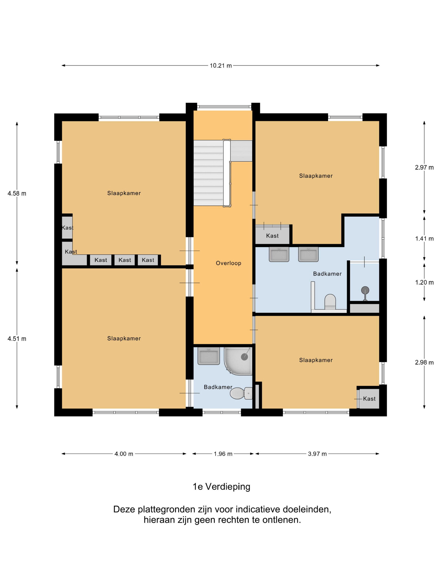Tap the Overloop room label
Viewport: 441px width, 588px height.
[228, 263]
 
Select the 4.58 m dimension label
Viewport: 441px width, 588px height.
[17, 194]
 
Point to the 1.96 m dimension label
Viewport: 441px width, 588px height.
[223, 454]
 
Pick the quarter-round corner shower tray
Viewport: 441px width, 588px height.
[238, 361]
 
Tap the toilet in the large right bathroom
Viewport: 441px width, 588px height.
[330, 302]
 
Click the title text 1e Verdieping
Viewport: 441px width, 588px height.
[221, 487]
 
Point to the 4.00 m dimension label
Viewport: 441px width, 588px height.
[124, 454]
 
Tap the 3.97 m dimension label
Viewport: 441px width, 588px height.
[317, 454]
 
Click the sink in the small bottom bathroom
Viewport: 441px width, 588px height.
[209, 356]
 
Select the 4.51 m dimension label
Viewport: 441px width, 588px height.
[17, 339]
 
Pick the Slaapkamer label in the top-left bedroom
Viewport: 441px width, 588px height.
[124, 193]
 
